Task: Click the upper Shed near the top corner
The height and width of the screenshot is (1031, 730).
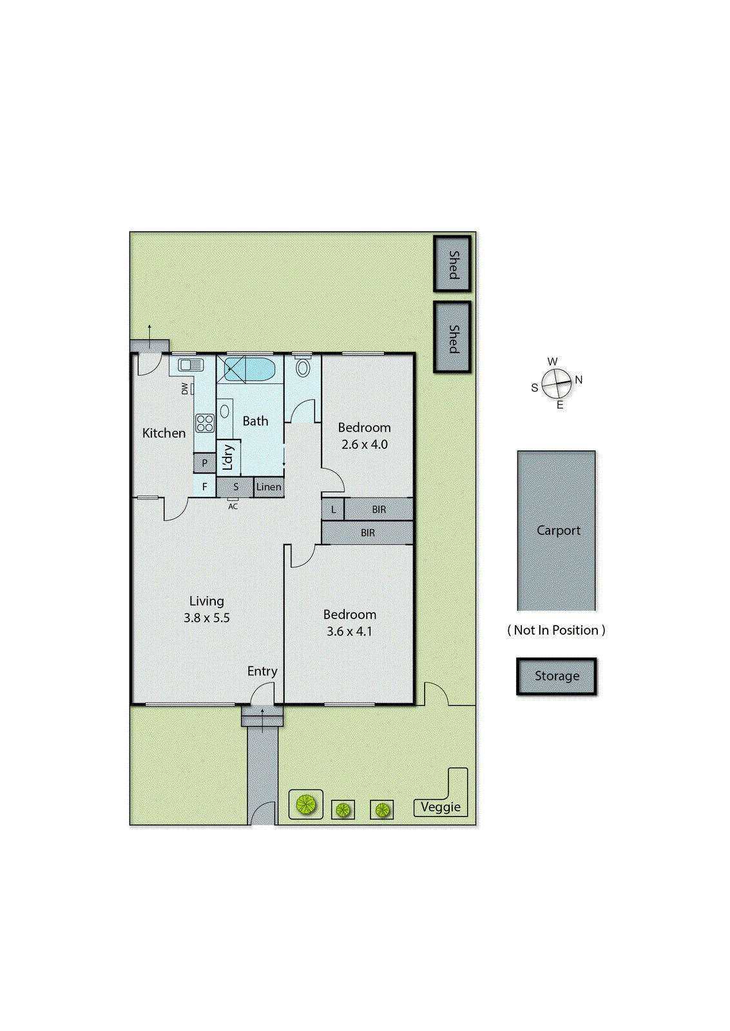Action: click(452, 264)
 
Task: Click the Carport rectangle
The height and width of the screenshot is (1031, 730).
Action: click(557, 530)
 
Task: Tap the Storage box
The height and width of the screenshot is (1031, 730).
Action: click(557, 676)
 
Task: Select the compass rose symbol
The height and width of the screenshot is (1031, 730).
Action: click(556, 383)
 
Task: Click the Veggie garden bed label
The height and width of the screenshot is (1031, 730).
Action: click(441, 807)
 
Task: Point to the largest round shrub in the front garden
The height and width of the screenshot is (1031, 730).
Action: click(305, 804)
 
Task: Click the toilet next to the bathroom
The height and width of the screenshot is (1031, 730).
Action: click(303, 368)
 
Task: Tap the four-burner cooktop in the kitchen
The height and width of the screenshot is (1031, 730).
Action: click(205, 423)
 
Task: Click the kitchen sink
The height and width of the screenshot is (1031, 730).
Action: click(191, 365)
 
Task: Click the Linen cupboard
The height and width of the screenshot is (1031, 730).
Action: click(269, 487)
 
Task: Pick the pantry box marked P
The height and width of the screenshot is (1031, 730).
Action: click(205, 463)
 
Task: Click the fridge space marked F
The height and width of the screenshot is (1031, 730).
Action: click(205, 487)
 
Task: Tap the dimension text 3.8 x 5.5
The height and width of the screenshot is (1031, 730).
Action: click(206, 618)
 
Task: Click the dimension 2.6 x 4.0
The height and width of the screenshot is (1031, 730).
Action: click(365, 445)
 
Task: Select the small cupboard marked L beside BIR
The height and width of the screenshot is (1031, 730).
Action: click(333, 510)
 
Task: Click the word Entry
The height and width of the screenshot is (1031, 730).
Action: click(262, 671)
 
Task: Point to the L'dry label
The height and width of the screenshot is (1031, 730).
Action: click(227, 458)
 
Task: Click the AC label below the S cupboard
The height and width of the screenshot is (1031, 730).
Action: click(233, 506)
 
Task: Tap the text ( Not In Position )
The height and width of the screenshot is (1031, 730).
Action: click(556, 630)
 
